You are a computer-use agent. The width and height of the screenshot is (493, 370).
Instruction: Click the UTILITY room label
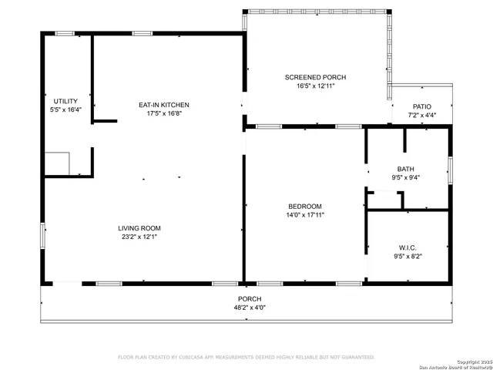tap(65, 102)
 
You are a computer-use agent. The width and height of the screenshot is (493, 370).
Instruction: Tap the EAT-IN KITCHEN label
tap(163, 105)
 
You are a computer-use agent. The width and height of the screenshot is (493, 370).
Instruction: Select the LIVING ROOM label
tap(139, 228)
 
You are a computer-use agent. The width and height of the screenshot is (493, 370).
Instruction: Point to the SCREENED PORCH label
tap(315, 77)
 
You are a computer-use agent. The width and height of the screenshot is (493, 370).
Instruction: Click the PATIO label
tap(421, 106)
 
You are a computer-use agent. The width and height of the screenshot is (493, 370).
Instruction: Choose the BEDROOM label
tap(305, 207)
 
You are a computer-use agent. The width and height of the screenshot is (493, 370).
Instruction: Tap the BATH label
tap(405, 170)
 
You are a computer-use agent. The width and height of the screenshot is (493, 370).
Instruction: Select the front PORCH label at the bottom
tap(249, 299)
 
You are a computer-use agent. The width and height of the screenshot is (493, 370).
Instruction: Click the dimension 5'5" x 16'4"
tap(65, 110)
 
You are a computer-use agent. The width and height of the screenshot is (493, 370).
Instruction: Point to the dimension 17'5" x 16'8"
tap(163, 113)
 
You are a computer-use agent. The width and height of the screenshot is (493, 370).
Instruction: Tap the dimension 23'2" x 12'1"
tap(139, 237)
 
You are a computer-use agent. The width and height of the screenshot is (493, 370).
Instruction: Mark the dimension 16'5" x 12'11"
tap(315, 86)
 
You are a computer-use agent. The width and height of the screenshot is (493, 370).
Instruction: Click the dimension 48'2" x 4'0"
tap(249, 307)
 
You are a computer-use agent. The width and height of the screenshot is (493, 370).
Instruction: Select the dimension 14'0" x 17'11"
tap(305, 215)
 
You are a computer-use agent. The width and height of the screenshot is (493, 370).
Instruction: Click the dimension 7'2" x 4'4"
tap(421, 115)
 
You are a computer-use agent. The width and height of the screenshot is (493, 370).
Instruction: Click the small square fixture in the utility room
tap(57, 163)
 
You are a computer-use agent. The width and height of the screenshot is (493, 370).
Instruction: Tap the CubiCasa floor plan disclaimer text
tap(246, 358)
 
